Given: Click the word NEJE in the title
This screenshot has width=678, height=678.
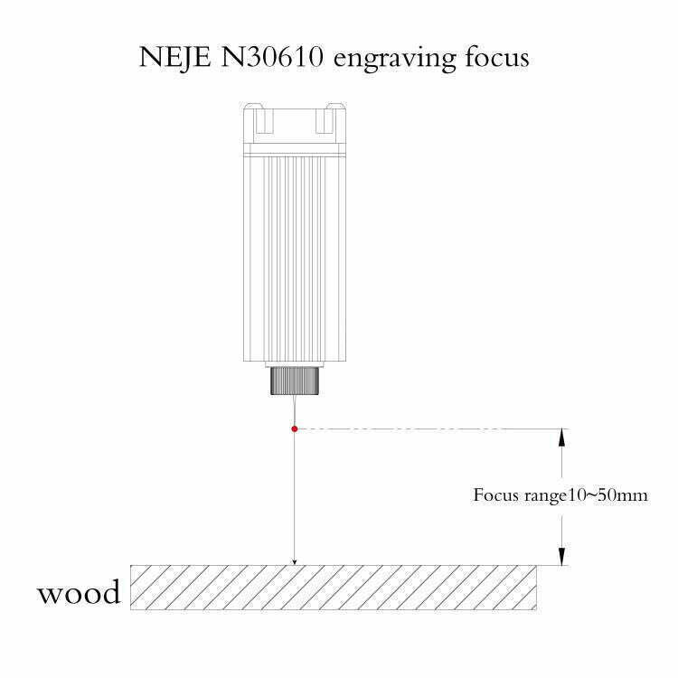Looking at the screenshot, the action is (174, 57).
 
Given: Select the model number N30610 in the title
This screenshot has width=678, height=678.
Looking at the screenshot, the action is (272, 57).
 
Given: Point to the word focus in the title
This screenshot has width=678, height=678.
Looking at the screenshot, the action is (497, 57).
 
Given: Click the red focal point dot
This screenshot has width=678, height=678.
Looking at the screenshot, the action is (295, 428).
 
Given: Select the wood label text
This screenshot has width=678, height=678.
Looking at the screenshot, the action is (79, 592).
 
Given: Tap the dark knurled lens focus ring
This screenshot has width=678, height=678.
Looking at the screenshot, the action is (296, 381).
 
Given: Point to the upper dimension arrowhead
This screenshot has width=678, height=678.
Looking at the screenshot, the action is (561, 438).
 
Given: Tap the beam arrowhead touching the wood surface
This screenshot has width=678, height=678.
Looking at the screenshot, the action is (295, 561).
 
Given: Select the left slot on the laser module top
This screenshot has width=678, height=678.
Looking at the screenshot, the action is (265, 120).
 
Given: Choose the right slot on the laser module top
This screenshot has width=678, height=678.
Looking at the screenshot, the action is (325, 120).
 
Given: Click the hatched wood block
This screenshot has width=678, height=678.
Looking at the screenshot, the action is (334, 588).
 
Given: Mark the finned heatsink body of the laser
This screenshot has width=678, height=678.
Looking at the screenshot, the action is (295, 259).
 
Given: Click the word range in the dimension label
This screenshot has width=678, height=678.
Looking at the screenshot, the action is (544, 496).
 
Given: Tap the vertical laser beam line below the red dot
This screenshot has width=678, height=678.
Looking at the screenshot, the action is (295, 495).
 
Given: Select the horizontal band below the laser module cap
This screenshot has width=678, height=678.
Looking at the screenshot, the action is (295, 150).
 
